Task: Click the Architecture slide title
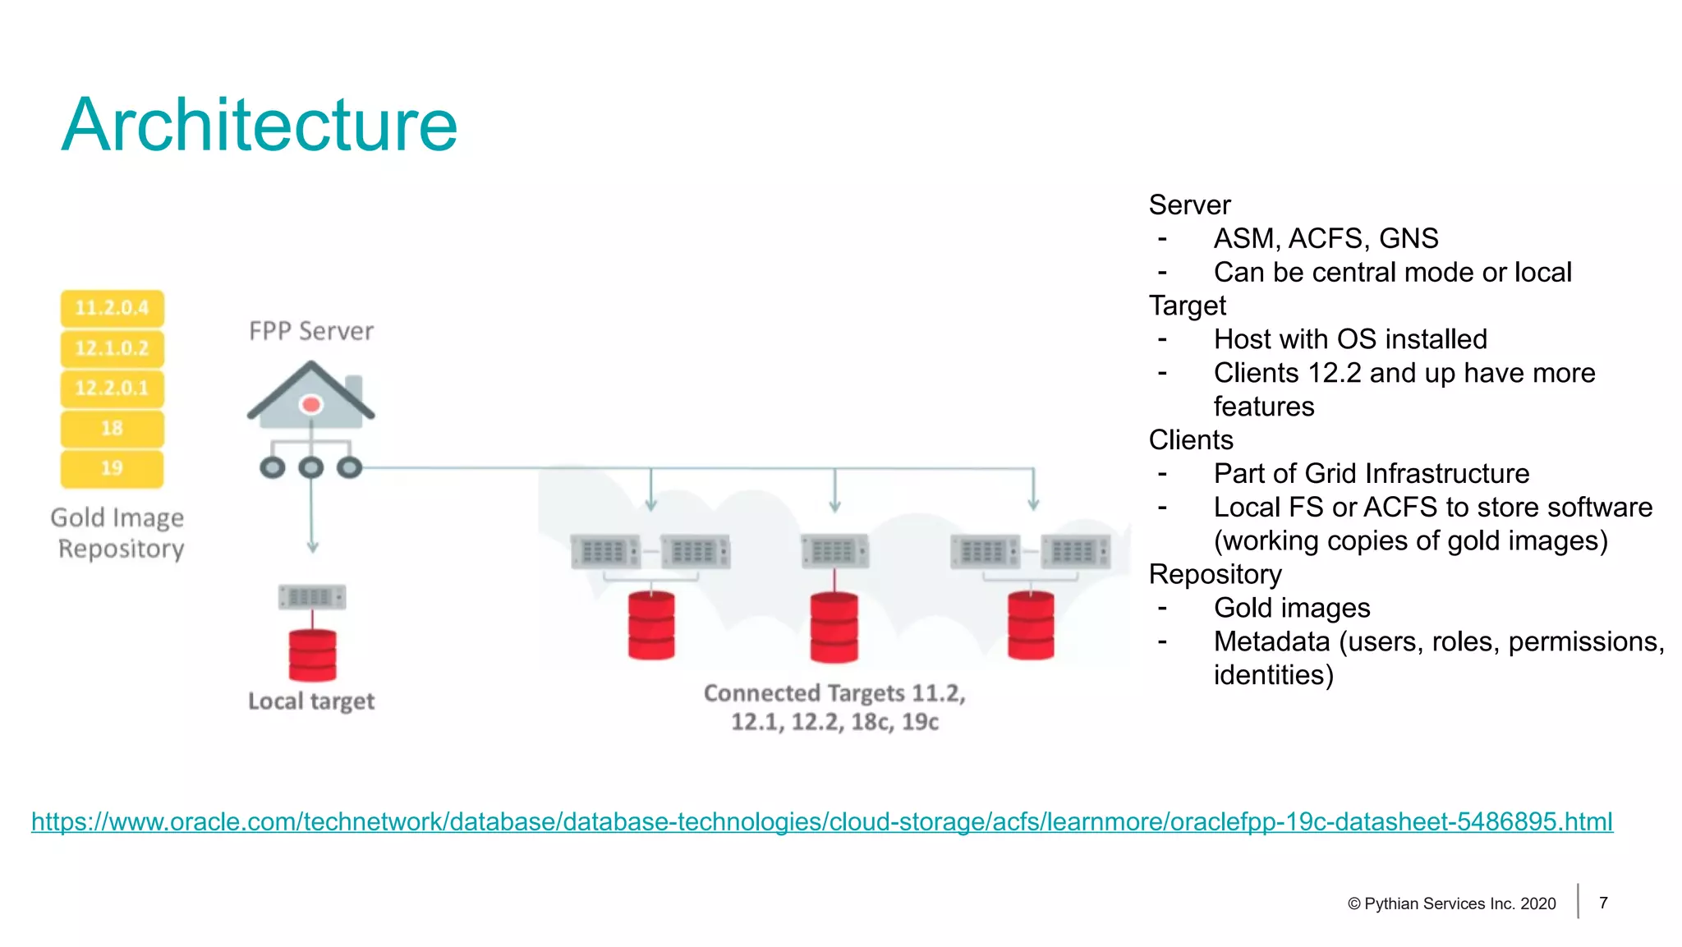tap(260, 126)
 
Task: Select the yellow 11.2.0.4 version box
tap(112, 308)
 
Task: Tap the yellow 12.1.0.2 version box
tap(112, 348)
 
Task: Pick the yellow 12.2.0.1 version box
tap(112, 388)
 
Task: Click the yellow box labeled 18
tap(112, 428)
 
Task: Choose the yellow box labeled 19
tap(112, 468)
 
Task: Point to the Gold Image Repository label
tap(118, 533)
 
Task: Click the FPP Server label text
tap(311, 331)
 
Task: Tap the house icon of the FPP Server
tap(311, 396)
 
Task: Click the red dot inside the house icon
tap(311, 405)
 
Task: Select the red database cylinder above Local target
tap(312, 655)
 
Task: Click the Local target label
tap(311, 701)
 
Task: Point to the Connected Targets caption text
tap(834, 707)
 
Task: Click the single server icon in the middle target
tap(834, 551)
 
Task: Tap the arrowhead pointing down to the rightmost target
tap(1033, 504)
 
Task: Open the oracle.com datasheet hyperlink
tap(821, 821)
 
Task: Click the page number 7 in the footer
tap(1603, 903)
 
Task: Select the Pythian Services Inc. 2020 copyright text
tap(1452, 903)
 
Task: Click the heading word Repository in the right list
tap(1215, 574)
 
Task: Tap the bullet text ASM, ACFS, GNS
tap(1326, 238)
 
